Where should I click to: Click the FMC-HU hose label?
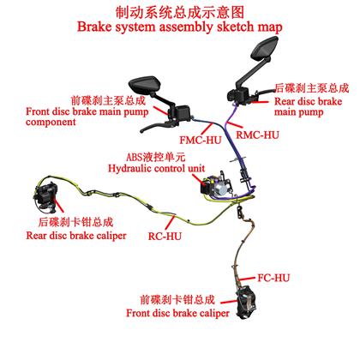pos(201,140)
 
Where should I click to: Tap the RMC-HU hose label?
pos(257,135)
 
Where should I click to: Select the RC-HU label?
pos(165,236)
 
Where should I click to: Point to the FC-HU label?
pos(273,278)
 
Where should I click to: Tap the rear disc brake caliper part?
pos(45,195)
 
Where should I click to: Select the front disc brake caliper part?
pos(248,303)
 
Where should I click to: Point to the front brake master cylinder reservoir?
pos(183,112)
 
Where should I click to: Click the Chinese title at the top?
pos(180,13)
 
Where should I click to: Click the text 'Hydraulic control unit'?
pos(156,168)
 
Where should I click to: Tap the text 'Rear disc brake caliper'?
pos(76,236)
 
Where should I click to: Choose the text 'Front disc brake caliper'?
pos(177,313)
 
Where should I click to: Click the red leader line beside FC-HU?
pos(247,279)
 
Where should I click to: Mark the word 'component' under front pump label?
pos(51,123)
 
